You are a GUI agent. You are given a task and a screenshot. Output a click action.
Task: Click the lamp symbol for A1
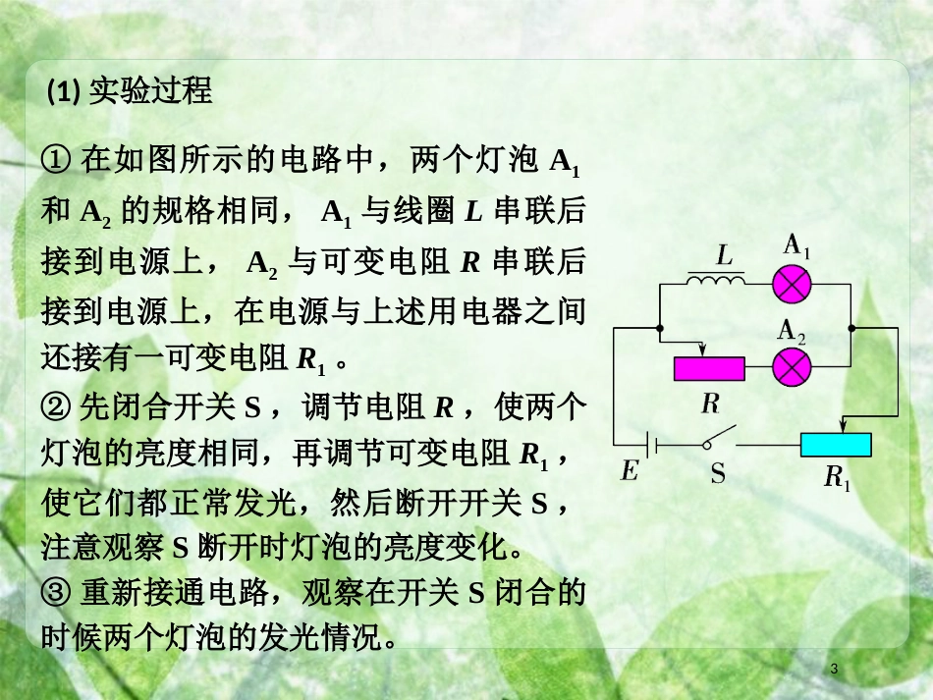point(793,283)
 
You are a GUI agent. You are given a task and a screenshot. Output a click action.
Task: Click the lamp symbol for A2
point(793,368)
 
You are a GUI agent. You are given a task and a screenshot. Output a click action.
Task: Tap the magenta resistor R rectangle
point(708,368)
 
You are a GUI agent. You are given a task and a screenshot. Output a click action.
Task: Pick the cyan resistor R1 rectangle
point(836,445)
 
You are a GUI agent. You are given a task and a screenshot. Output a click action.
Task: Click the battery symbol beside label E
point(652,445)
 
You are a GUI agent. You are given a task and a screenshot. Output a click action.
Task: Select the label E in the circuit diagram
point(630,472)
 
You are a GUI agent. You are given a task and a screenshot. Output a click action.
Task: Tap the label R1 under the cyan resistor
point(837,478)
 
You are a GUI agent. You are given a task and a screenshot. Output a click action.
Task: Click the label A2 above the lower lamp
point(793,332)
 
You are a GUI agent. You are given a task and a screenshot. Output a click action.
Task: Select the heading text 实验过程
point(149,91)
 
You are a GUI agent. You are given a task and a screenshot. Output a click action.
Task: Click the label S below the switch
point(718,474)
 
